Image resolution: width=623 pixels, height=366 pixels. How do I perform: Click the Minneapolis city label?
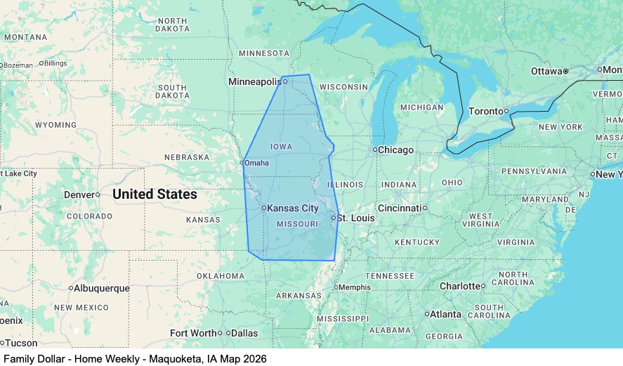pos(254,82)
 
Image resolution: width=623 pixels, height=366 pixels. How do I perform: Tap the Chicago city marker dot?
pos(374,150)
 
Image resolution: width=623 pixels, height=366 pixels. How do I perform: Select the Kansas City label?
pos(293,209)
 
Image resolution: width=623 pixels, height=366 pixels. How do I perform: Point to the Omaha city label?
pos(256,163)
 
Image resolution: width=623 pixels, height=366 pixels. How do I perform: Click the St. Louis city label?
pos(355,218)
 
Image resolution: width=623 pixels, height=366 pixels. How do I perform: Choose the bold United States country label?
pos(155,194)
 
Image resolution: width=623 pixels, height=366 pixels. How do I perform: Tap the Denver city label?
pos(79,195)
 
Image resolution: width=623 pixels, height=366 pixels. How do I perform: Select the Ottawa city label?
pos(546,72)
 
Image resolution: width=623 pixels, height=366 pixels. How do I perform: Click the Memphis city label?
pos(355,287)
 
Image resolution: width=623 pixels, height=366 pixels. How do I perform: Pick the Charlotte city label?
pos(460,286)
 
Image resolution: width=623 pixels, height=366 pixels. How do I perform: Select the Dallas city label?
pos(244,333)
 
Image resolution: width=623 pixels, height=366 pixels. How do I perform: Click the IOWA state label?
pos(281,147)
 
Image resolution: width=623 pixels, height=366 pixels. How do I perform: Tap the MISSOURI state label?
pos(298,224)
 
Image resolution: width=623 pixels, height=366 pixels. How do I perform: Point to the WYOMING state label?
pos(55,125)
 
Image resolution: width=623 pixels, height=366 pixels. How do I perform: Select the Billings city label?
pos(55,63)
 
